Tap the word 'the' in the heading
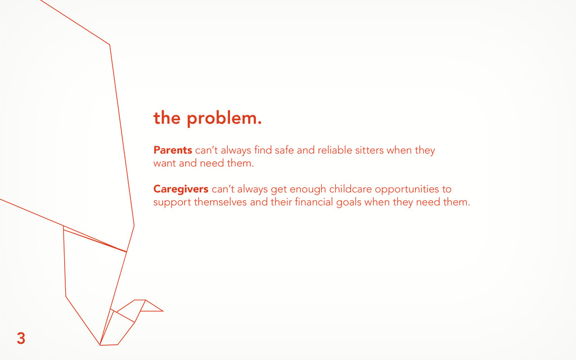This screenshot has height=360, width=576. [x=166, y=118]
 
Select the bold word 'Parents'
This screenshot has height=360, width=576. [x=173, y=150]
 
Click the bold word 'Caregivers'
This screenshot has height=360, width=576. [x=181, y=189]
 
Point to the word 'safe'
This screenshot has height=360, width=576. [x=284, y=150]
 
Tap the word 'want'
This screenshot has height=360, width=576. [x=165, y=164]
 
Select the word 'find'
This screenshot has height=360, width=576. [x=263, y=150]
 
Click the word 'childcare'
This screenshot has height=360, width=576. [x=350, y=189]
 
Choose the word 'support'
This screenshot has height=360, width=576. [x=172, y=202]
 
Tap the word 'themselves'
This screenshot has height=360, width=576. [x=220, y=202]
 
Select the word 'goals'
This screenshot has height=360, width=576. [x=349, y=202]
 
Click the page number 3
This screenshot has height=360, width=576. [x=21, y=338]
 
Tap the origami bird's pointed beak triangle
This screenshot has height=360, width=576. [x=152, y=306]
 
